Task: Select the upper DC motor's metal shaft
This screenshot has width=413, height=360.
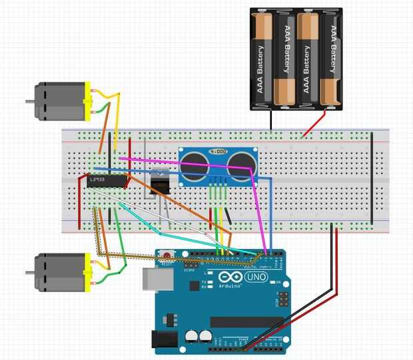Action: point(30,102)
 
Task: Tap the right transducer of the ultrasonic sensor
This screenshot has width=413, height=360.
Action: point(240,166)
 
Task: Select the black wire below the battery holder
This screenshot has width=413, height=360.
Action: point(272,120)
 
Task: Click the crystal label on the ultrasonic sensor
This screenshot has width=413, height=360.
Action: point(217,152)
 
